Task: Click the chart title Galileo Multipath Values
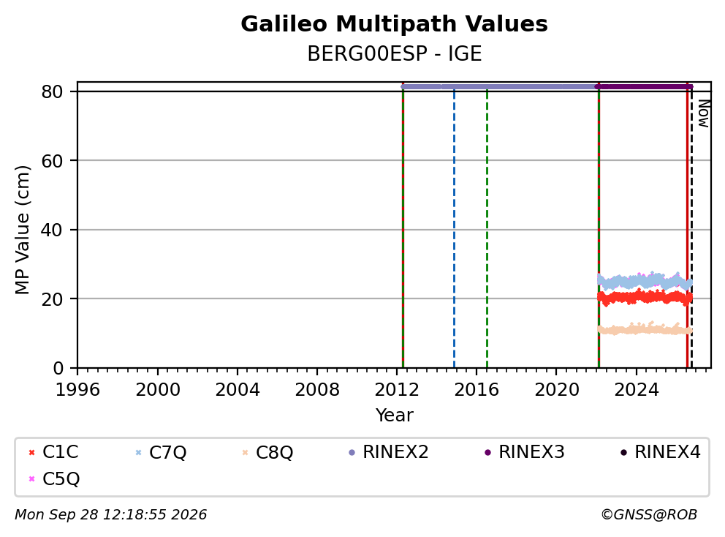pyautogui.click(x=394, y=24)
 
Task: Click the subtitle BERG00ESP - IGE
pyautogui.click(x=395, y=53)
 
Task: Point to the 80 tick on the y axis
pyautogui.click(x=52, y=91)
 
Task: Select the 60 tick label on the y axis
pyautogui.click(x=52, y=161)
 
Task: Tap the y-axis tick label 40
pyautogui.click(x=52, y=230)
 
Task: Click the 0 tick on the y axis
pyautogui.click(x=58, y=368)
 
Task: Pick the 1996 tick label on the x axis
pyautogui.click(x=77, y=390)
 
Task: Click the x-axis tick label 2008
pyautogui.click(x=316, y=390)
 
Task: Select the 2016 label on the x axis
pyautogui.click(x=477, y=390)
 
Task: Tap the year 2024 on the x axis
pyautogui.click(x=636, y=390)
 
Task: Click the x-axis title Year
pyautogui.click(x=394, y=416)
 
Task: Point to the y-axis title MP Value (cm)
pyautogui.click(x=22, y=230)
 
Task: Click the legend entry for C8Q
pyautogui.click(x=267, y=452)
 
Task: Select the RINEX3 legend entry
pyautogui.click(x=524, y=452)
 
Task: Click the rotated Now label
pyautogui.click(x=703, y=113)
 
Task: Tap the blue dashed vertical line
pyautogui.click(x=454, y=229)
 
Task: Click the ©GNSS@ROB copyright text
pyautogui.click(x=649, y=514)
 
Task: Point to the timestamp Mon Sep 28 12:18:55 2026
pyautogui.click(x=111, y=514)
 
